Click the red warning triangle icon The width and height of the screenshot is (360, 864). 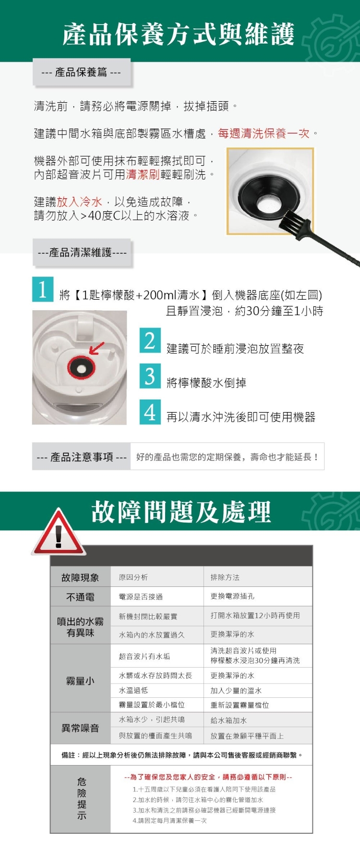[58, 533]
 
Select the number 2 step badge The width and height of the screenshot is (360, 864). [150, 341]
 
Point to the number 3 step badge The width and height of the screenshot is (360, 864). [150, 376]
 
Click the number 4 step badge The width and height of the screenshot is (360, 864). [150, 412]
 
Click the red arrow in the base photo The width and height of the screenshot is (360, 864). [96, 348]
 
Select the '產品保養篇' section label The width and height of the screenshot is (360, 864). [81, 73]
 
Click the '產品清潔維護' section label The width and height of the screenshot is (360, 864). [82, 253]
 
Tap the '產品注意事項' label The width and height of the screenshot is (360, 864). [82, 457]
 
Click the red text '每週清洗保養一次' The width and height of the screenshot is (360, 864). [264, 133]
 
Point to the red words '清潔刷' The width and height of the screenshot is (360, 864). [143, 174]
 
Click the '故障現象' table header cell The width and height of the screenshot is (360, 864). [80, 577]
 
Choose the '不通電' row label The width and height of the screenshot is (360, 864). [80, 597]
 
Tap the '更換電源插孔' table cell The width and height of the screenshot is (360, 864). [232, 596]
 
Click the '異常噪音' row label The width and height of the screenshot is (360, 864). [80, 728]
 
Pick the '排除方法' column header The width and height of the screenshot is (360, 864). [225, 577]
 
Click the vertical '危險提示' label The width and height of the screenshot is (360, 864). [82, 798]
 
